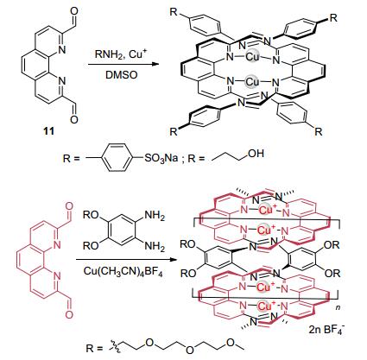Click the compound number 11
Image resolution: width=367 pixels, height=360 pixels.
click(48, 131)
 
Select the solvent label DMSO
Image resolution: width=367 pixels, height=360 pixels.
click(122, 75)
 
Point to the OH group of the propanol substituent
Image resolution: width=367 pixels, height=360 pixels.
click(256, 154)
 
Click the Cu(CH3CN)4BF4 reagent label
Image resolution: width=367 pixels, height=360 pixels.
click(123, 271)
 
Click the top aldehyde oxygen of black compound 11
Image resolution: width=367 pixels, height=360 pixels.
click(73, 11)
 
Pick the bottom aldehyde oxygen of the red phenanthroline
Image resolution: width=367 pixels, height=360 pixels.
click(69, 314)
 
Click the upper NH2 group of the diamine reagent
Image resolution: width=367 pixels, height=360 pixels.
click(155, 215)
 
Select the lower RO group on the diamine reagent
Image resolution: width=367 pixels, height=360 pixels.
click(91, 245)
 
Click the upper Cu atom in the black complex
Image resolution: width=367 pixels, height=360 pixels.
click(253, 57)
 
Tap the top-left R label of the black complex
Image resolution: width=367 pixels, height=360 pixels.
click(174, 12)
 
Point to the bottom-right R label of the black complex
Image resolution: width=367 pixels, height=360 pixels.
click(319, 131)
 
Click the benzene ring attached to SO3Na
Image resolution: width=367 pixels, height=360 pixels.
click(118, 158)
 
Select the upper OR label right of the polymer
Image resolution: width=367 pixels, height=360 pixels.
click(332, 245)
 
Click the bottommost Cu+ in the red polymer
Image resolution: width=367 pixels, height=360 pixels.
click(265, 306)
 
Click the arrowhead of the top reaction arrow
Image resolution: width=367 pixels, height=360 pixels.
click(155, 64)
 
